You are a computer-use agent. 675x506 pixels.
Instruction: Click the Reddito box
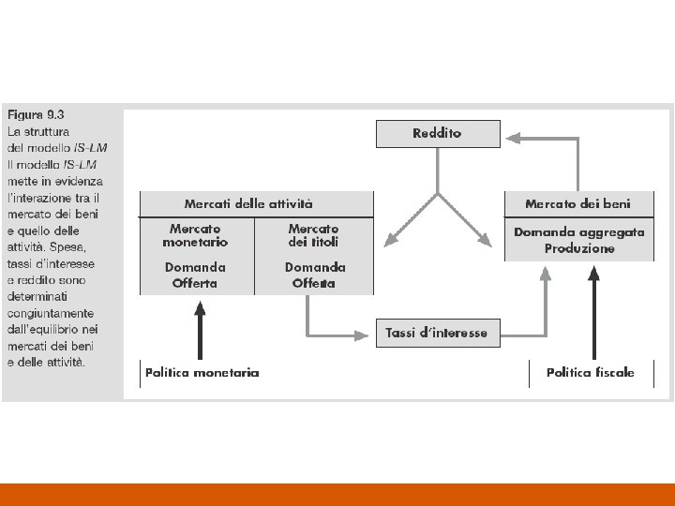tap(437, 134)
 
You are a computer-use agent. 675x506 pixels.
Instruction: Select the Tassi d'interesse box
tap(437, 333)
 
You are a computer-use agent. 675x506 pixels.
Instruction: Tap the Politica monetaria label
tap(202, 373)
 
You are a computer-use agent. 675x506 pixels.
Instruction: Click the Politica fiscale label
tap(591, 373)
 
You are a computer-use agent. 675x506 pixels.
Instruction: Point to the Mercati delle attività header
tap(248, 203)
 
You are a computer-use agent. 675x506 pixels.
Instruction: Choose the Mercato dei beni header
tap(578, 203)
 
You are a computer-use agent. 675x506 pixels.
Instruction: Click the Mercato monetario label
tap(195, 235)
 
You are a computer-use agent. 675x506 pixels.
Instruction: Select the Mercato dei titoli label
tap(313, 235)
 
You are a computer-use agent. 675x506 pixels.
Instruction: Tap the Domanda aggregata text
tap(579, 231)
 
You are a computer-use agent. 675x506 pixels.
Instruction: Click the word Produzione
tap(579, 248)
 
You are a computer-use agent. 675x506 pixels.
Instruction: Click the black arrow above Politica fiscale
tap(592, 309)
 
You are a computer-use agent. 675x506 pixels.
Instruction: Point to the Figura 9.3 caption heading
tap(36, 115)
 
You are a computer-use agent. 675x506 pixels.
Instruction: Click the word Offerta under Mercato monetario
tap(195, 283)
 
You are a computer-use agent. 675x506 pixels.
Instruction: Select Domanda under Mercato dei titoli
tap(315, 267)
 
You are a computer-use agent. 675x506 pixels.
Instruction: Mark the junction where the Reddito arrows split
tap(437, 194)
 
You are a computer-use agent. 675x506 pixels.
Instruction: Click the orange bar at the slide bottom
tap(337, 494)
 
